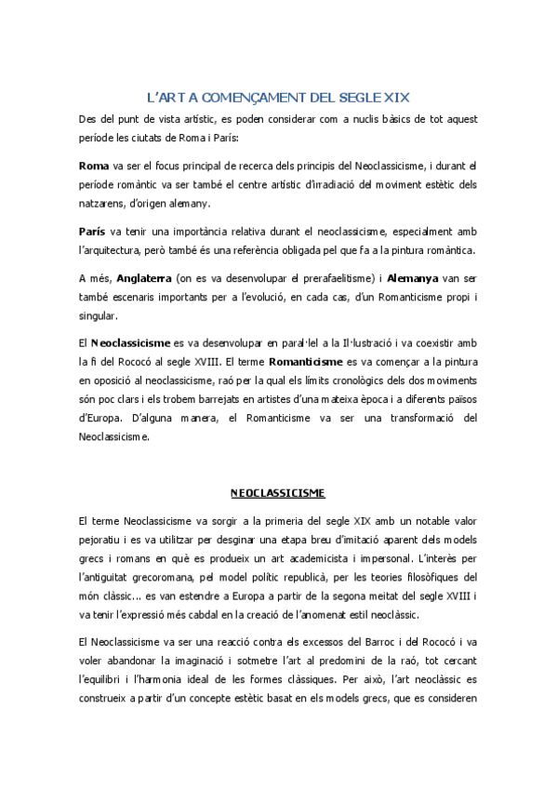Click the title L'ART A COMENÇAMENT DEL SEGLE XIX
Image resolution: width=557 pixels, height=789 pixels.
(278, 96)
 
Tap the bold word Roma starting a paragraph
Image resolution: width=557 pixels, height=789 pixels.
(94, 166)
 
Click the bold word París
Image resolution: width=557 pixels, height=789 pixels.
(94, 229)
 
